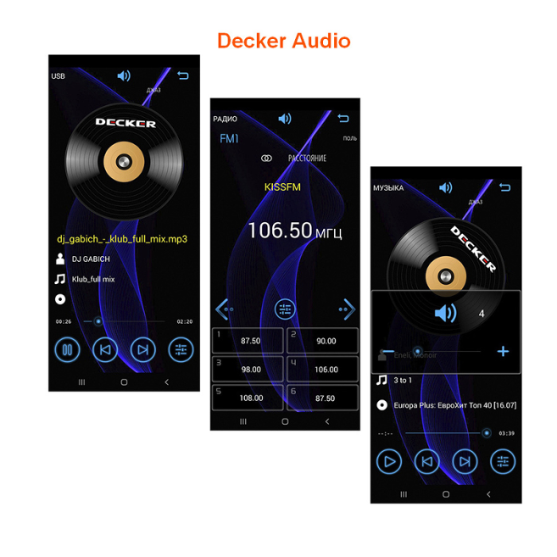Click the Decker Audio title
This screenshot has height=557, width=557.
point(283,41)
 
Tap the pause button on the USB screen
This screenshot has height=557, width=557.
point(68,349)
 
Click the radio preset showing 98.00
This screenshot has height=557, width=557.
point(247,369)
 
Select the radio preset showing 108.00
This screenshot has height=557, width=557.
point(247,398)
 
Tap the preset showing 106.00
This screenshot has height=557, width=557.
point(322,369)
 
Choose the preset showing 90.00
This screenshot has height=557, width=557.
point(322,341)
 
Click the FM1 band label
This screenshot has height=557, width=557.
point(229,138)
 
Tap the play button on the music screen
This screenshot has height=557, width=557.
point(388,461)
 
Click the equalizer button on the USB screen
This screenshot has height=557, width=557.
point(181,349)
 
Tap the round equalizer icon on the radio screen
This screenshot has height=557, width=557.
point(285,310)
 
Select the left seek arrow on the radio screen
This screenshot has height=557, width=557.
point(224,309)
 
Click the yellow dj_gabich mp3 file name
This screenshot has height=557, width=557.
point(122,238)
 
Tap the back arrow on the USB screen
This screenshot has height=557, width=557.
point(184,76)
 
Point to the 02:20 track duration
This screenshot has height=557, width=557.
point(185,321)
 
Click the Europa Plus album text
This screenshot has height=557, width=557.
point(454,405)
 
